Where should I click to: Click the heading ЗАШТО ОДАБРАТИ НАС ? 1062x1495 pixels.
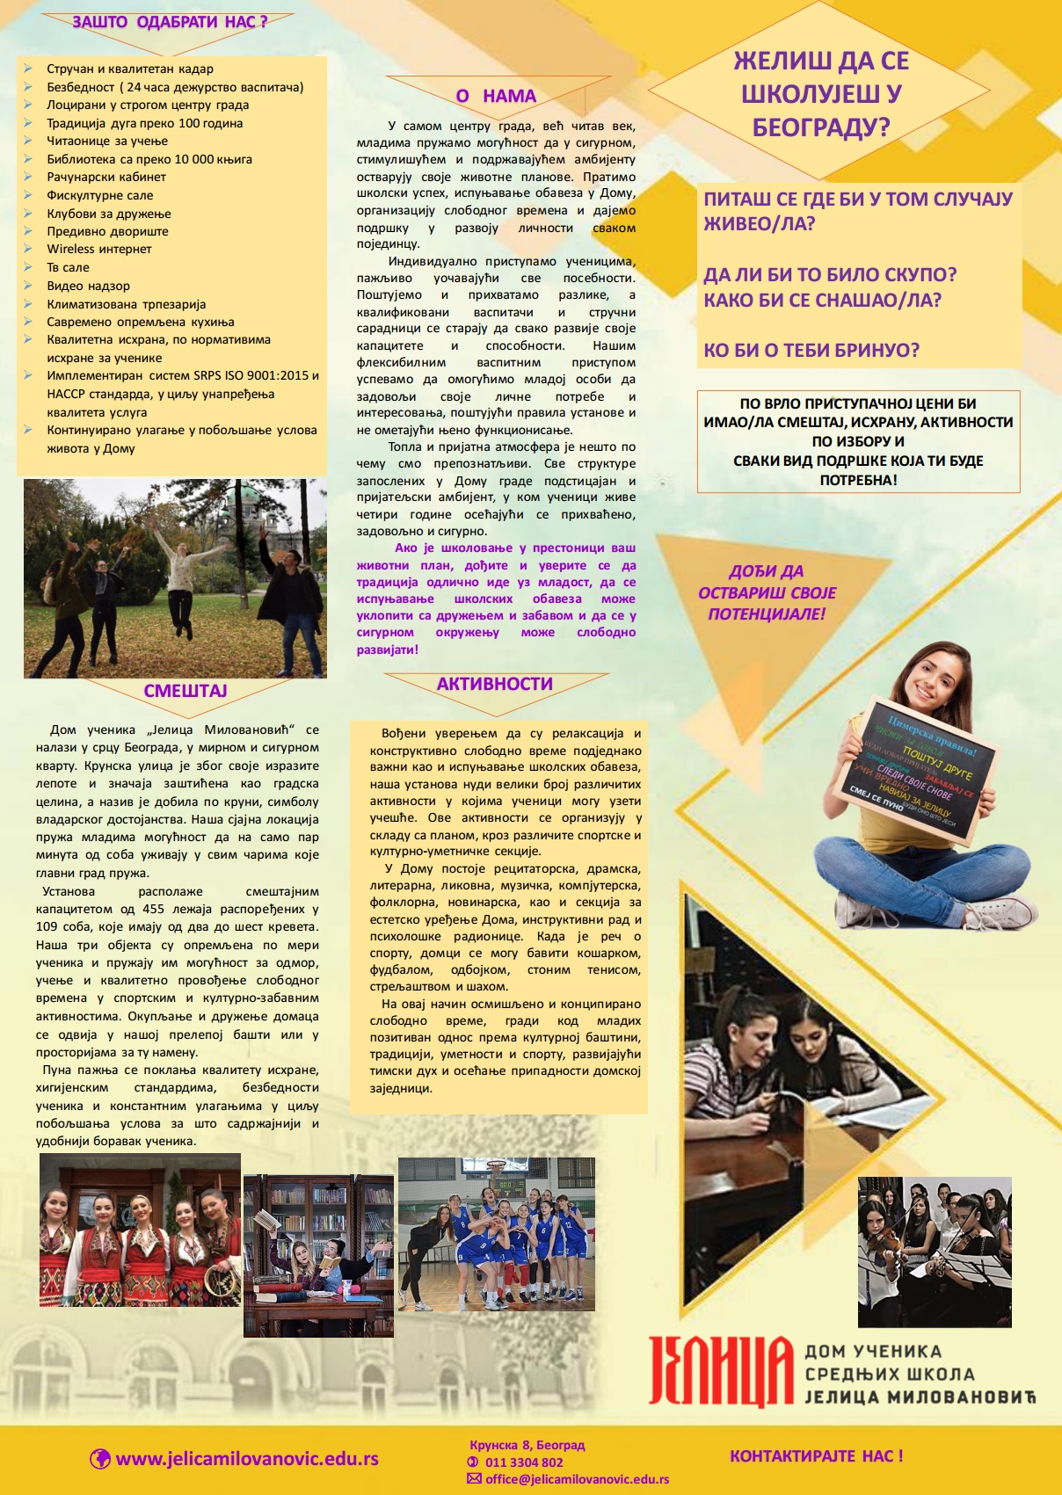[x=169, y=22]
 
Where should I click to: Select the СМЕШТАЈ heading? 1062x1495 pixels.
[x=185, y=691]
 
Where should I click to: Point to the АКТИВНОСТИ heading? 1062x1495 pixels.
[x=494, y=684]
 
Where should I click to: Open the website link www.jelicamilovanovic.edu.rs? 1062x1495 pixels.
[x=247, y=1459]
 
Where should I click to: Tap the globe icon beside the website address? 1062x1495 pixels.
[x=100, y=1459]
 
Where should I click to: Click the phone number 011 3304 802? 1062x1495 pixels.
[x=524, y=1462]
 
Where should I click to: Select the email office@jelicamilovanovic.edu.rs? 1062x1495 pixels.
[x=577, y=1479]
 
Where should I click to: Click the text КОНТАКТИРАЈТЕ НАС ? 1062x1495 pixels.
[x=816, y=1455]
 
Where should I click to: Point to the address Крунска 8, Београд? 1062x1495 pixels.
[x=527, y=1445]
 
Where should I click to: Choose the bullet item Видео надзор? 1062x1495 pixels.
[x=88, y=286]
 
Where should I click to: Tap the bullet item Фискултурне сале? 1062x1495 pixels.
[x=99, y=195]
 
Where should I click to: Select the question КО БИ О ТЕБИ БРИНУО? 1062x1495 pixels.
[x=811, y=351]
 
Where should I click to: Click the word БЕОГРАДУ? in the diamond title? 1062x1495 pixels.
[x=821, y=128]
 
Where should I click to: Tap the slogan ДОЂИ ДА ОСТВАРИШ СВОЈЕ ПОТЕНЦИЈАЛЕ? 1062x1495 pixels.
[x=767, y=592]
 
